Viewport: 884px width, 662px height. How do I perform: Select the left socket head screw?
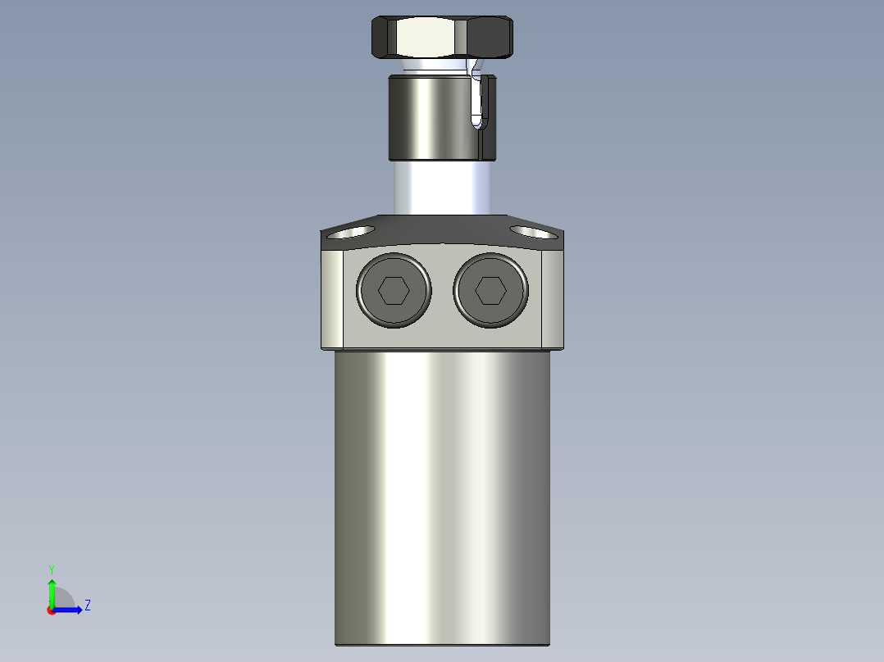click(394, 290)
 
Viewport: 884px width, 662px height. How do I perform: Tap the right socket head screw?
click(490, 290)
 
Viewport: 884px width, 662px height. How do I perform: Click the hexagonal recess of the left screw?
click(394, 290)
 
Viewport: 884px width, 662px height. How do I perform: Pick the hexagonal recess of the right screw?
click(490, 290)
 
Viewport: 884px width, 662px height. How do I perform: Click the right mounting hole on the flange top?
click(532, 233)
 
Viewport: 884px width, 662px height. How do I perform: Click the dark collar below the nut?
click(431, 117)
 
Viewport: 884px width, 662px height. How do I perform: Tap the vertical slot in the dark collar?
click(479, 102)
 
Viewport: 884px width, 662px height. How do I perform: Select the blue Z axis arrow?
click(71, 609)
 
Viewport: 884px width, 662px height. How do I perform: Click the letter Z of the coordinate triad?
click(87, 605)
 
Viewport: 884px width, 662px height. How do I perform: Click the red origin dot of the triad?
click(52, 610)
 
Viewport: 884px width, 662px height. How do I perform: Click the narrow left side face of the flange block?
click(332, 298)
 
